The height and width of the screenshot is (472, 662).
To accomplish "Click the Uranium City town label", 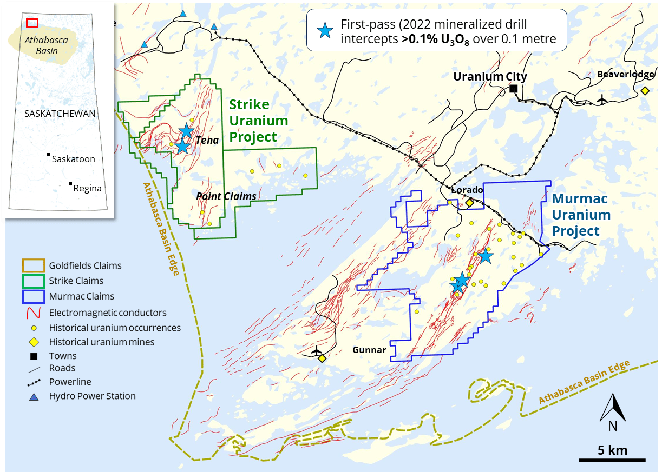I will click(x=489, y=77).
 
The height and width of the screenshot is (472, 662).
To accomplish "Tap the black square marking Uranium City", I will click(x=513, y=89).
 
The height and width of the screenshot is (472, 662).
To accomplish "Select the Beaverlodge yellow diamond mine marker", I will click(x=645, y=91).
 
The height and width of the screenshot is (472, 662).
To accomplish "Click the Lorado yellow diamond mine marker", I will click(x=469, y=203).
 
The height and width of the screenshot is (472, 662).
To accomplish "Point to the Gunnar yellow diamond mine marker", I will click(x=322, y=358).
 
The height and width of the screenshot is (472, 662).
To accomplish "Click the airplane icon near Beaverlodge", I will click(x=601, y=99).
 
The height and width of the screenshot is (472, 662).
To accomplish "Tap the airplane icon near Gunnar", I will click(x=317, y=351).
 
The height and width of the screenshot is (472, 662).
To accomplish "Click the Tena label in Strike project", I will click(x=207, y=141).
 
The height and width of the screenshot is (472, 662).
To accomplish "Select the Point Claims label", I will click(x=226, y=196).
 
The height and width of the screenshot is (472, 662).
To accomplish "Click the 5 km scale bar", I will click(x=612, y=460).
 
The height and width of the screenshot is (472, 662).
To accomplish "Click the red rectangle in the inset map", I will click(x=32, y=23).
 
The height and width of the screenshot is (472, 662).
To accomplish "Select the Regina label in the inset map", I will click(x=87, y=188).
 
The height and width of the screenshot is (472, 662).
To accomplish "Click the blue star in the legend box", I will click(x=325, y=31).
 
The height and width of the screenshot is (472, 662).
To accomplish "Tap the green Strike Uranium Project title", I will click(x=258, y=121).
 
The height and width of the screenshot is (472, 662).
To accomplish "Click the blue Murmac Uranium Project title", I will click(x=581, y=215).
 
